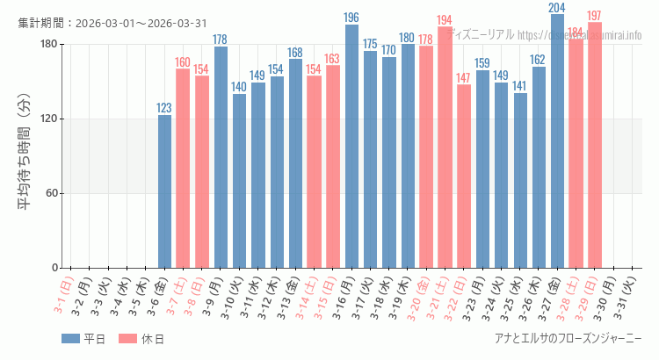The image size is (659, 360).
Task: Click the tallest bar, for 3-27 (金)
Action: pyautogui.click(x=557, y=140)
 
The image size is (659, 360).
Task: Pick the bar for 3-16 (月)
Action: pyautogui.click(x=351, y=146)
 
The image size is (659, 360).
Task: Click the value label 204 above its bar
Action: pyautogui.click(x=557, y=8)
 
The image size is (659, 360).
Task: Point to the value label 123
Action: pyautogui.click(x=164, y=108)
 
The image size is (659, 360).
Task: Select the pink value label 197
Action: pyautogui.click(x=595, y=16)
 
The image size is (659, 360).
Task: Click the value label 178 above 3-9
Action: pyautogui.click(x=221, y=40)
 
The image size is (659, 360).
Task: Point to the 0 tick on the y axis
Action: pyautogui.click(x=54, y=268)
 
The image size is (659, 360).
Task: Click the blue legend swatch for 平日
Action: pyautogui.click(x=71, y=339)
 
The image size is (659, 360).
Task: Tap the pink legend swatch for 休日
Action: pyautogui.click(x=127, y=339)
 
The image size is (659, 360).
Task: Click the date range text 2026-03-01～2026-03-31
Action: pyautogui.click(x=141, y=23)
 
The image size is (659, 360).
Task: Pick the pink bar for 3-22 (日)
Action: pyautogui.click(x=464, y=176)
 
